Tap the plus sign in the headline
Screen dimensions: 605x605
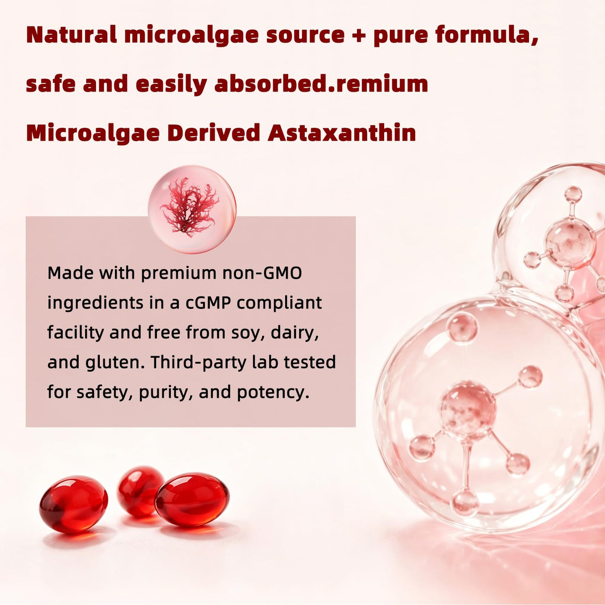point(359,35)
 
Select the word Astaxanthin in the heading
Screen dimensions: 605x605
point(342,133)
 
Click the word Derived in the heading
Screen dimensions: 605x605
point(214,133)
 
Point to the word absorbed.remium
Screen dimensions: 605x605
point(321,83)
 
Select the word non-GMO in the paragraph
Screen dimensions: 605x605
point(262,273)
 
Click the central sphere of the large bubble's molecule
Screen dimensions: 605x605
point(468,410)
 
